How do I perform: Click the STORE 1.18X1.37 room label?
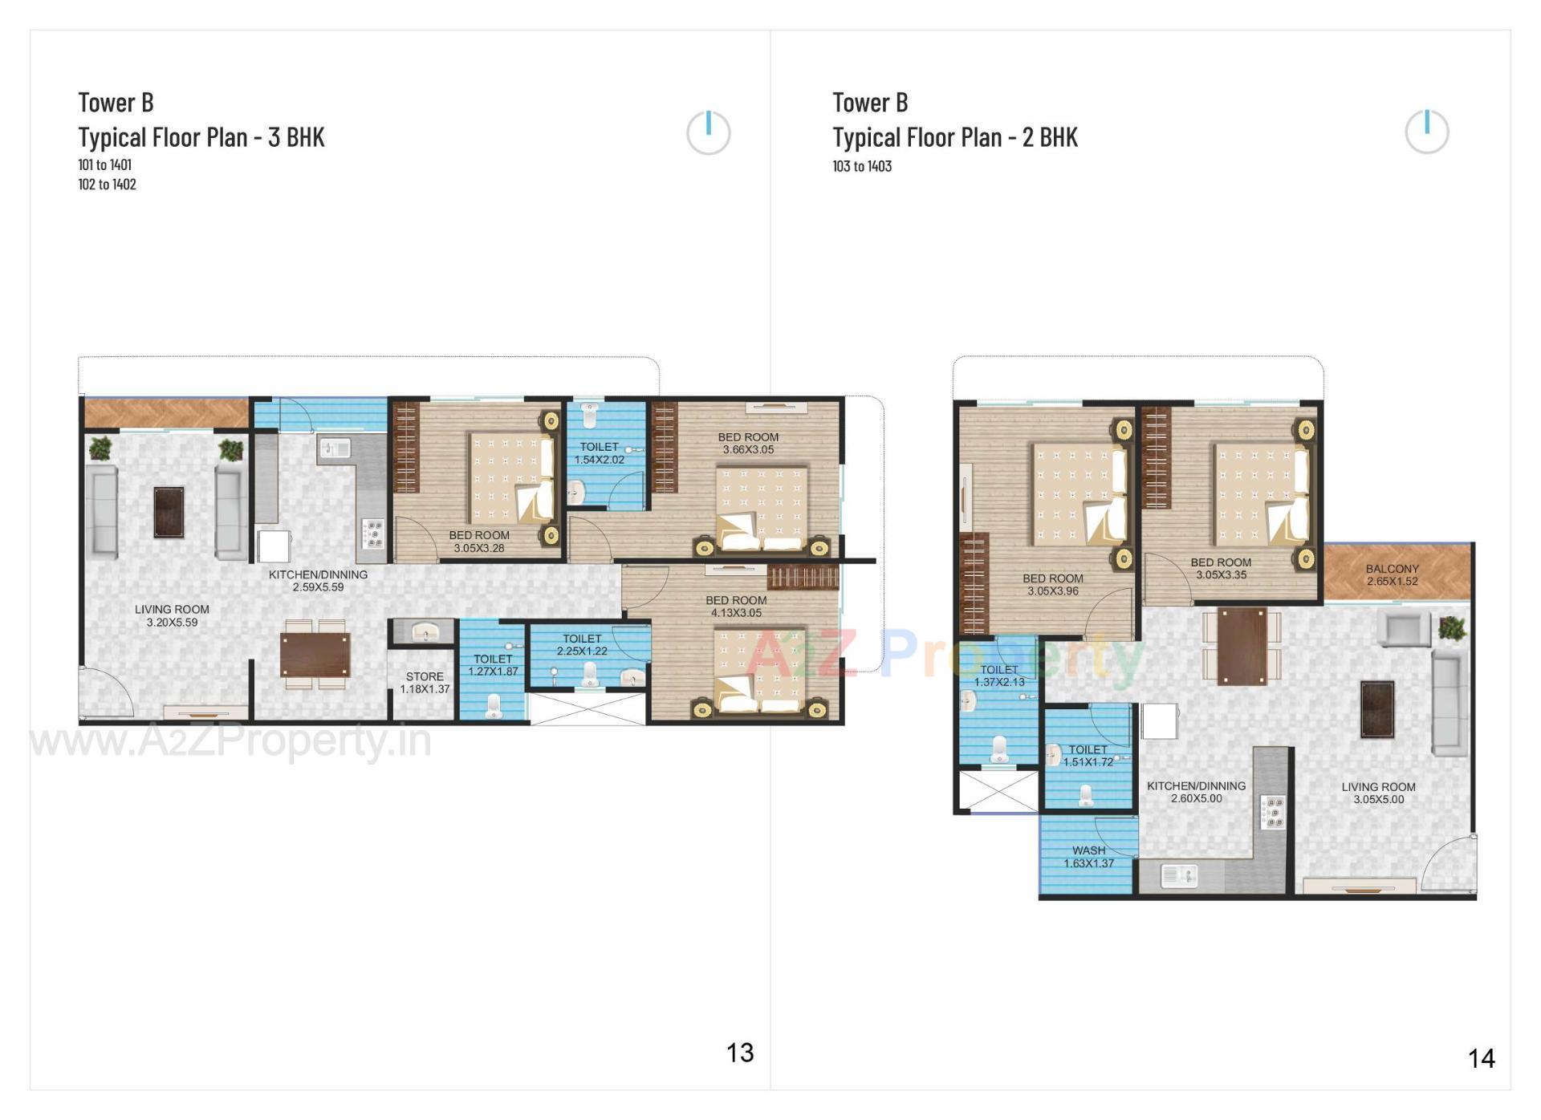point(425,683)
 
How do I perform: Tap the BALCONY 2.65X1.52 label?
point(1392,574)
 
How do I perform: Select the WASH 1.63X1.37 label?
point(1088,857)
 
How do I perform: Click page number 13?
point(740,1053)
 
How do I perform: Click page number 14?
point(1481,1059)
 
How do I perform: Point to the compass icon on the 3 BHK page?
point(708,132)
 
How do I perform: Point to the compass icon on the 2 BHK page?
point(1426,132)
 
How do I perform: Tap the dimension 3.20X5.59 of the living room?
point(172,623)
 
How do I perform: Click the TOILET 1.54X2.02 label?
point(599,453)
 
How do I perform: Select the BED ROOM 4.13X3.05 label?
point(736,607)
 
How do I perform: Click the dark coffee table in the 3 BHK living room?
point(169,512)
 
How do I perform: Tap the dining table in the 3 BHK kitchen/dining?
point(315,655)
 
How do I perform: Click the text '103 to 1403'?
point(862,166)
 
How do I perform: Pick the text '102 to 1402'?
point(107,185)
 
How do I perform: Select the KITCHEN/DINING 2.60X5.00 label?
point(1196,792)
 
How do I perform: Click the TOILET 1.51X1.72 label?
point(1088,756)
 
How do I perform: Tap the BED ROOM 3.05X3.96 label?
point(1052,585)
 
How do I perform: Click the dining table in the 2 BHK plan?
point(1241,646)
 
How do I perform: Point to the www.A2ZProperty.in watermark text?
point(231,740)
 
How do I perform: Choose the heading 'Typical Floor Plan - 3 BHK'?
point(201,137)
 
